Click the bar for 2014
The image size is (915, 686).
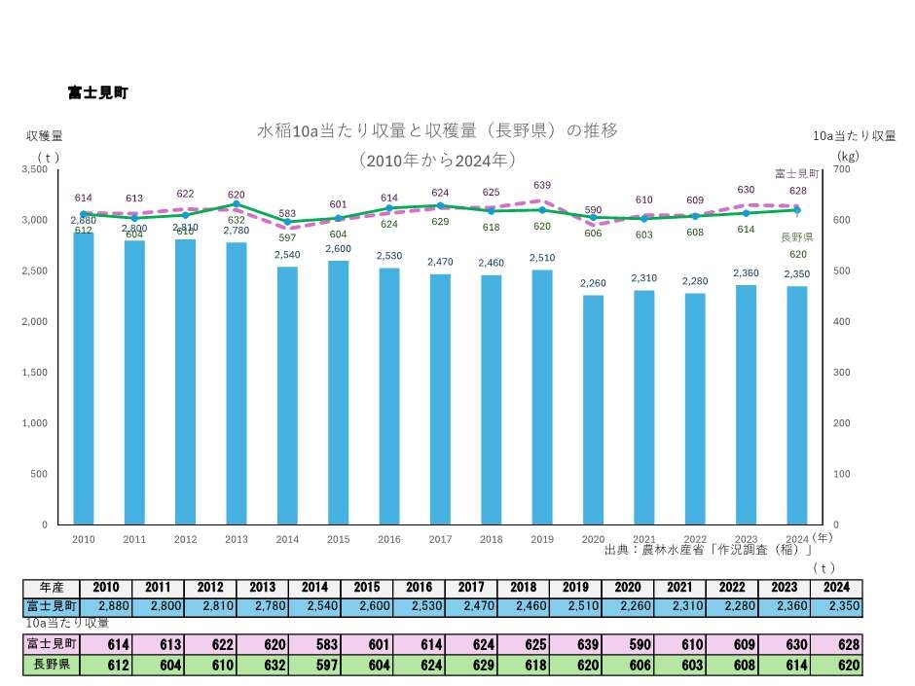coord(286,395)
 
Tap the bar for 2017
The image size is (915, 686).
coord(439,399)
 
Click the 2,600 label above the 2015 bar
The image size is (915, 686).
coord(338,249)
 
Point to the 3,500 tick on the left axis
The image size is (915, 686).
coord(34,169)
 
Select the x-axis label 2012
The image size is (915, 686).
coord(185,539)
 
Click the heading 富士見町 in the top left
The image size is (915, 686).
coord(97,92)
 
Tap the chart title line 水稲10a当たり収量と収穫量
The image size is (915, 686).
coord(437,129)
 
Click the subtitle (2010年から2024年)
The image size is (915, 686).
coord(437,159)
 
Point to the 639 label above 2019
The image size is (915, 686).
coord(542,185)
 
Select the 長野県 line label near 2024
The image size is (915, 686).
coord(796,236)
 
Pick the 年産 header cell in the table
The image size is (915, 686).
coord(52,588)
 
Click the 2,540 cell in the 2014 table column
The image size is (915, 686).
coord(314,606)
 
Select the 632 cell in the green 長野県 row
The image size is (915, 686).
coord(262,666)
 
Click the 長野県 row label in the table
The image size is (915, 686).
coord(52,666)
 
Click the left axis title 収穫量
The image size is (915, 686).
coord(44,135)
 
